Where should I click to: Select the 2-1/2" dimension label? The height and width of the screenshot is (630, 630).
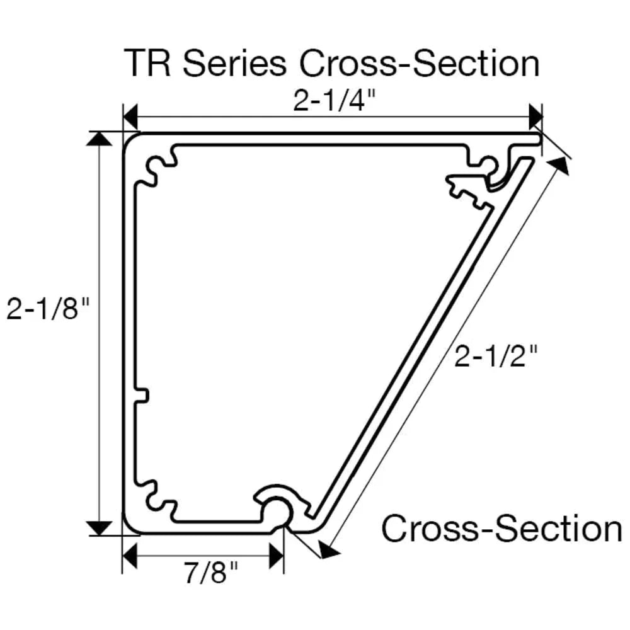(496, 357)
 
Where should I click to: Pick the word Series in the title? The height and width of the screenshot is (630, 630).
(232, 64)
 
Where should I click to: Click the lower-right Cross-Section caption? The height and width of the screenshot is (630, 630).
(501, 528)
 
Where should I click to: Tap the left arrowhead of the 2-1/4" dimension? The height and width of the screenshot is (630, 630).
(130, 117)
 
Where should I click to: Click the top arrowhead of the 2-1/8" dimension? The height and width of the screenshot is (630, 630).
(98, 138)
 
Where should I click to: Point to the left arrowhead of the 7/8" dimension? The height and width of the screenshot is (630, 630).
(130, 556)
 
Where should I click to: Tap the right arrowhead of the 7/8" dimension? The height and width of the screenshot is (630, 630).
(275, 556)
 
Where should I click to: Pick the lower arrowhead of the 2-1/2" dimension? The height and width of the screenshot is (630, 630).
(328, 551)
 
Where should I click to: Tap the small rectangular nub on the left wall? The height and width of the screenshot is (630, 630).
(142, 395)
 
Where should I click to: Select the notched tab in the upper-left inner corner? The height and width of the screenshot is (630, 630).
(160, 169)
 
